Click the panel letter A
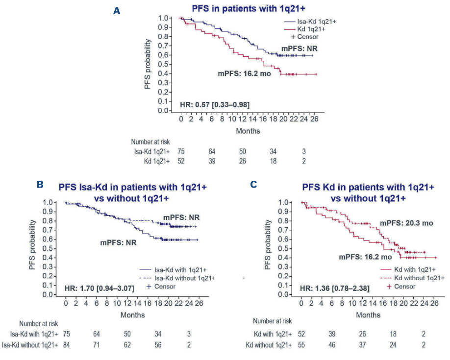pyautogui.click(x=117, y=10)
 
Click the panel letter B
pyautogui.click(x=41, y=185)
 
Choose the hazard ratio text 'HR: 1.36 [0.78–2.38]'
pyautogui.click(x=334, y=288)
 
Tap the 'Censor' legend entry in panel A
pyautogui.click(x=307, y=36)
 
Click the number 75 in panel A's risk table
pyautogui.click(x=182, y=152)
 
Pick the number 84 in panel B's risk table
pyautogui.click(x=66, y=345)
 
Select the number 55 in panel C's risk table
pyautogui.click(x=302, y=345)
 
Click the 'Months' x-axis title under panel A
pyautogui.click(x=248, y=131)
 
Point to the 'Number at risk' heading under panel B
pyautogui.click(x=39, y=323)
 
